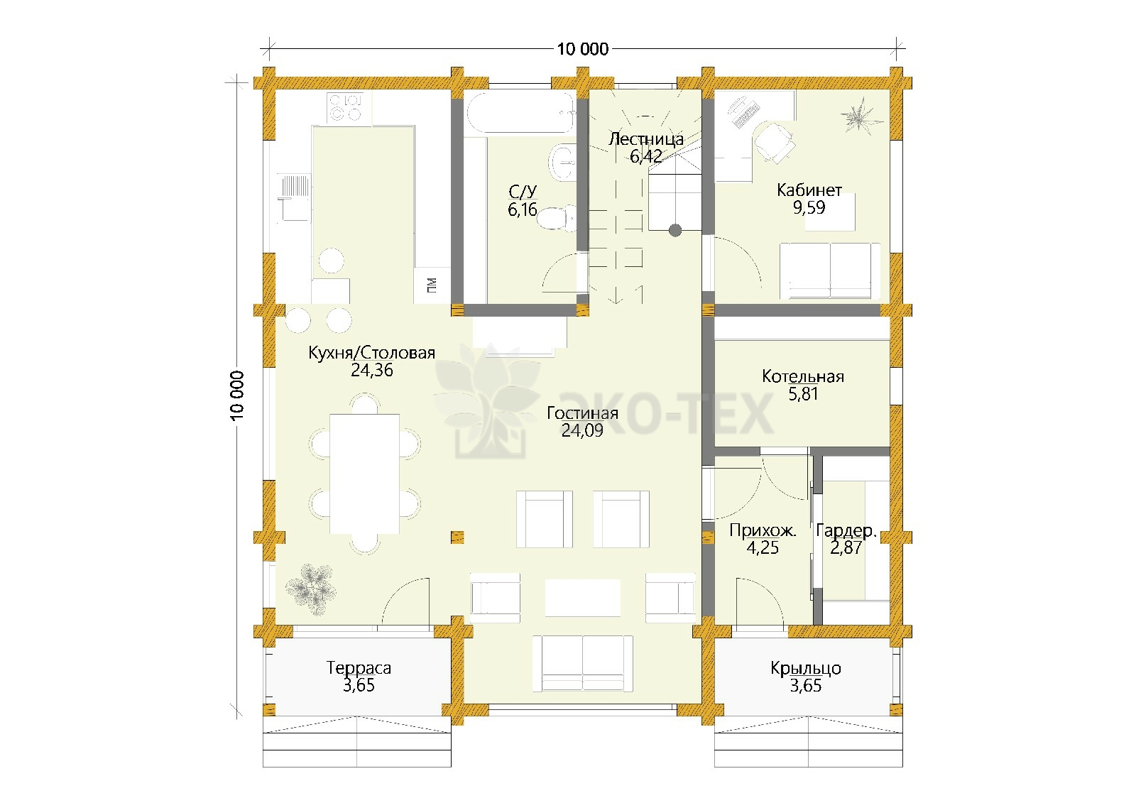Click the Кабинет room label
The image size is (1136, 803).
click(809, 190)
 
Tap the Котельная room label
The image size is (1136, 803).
click(803, 376)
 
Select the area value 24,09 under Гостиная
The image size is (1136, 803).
click(582, 431)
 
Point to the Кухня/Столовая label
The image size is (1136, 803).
click(372, 353)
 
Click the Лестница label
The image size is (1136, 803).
click(646, 139)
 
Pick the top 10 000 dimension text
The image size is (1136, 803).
click(583, 49)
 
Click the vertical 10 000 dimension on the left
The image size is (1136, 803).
click(237, 395)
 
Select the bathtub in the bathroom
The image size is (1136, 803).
click(521, 113)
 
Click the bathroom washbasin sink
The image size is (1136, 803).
click(562, 162)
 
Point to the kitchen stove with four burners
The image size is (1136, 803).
click(344, 107)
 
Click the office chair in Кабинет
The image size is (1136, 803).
click(773, 141)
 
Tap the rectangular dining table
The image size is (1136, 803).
click(364, 474)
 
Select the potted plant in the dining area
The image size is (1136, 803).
click(310, 591)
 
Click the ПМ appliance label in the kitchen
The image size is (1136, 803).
click(432, 285)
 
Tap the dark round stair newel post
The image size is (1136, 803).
click(675, 230)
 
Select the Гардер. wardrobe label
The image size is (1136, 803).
click(846, 530)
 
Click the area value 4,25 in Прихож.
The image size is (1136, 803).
click(763, 548)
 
